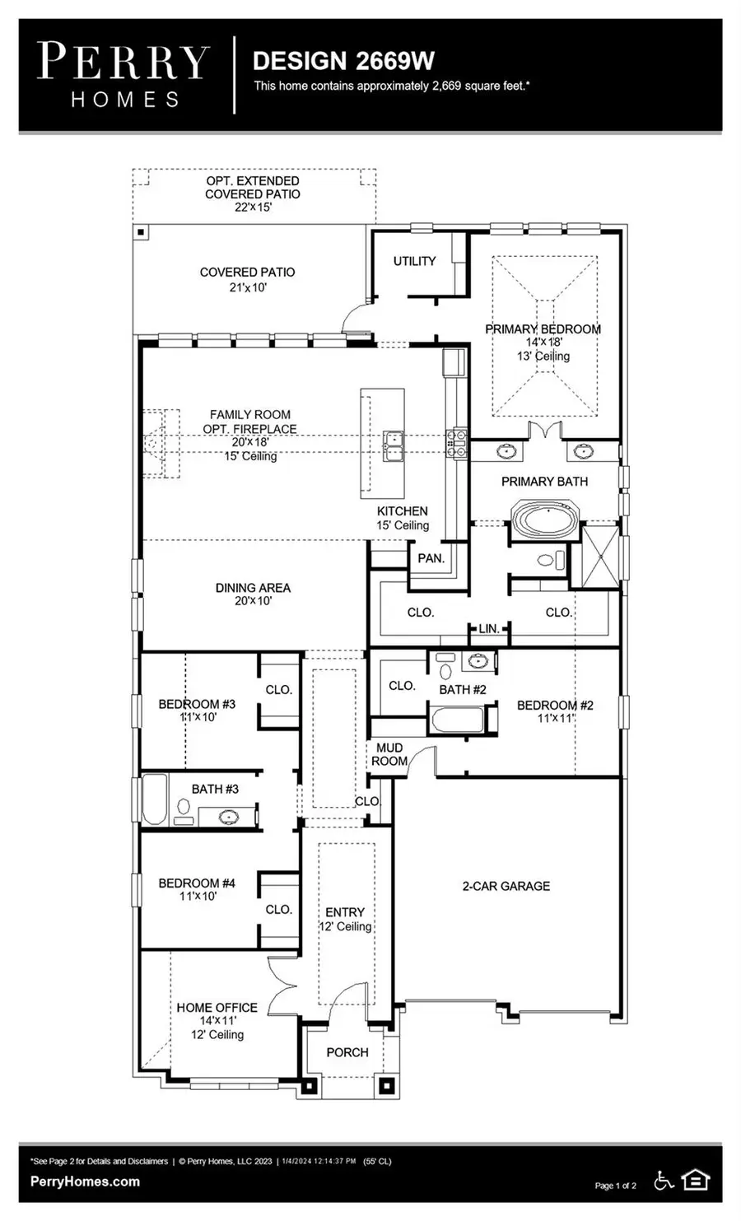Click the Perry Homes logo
pyautogui.click(x=123, y=75)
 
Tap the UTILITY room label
pyautogui.click(x=414, y=261)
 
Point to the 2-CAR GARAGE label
pyautogui.click(x=506, y=886)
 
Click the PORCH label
pyautogui.click(x=347, y=1052)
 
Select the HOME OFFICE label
pyautogui.click(x=217, y=1008)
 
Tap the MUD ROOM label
pyautogui.click(x=389, y=754)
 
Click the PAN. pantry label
pyautogui.click(x=431, y=558)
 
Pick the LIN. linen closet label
pyautogui.click(x=489, y=628)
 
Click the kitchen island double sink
pyautogui.click(x=393, y=445)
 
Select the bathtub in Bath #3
pyautogui.click(x=155, y=799)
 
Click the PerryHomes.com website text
pyautogui.click(x=85, y=1181)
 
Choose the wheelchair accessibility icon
pyautogui.click(x=664, y=1181)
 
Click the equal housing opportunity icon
pyautogui.click(x=696, y=1181)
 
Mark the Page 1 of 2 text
pyautogui.click(x=615, y=1186)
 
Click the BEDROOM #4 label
pyautogui.click(x=197, y=883)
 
